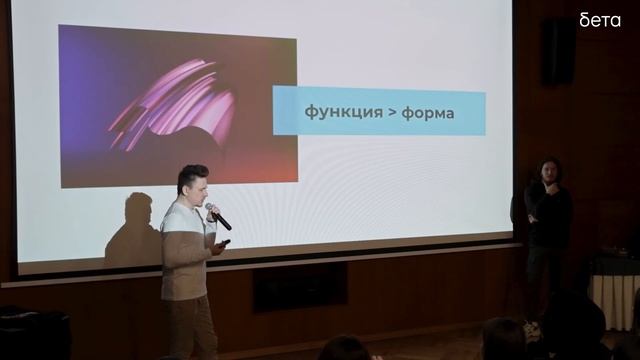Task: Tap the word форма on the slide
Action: click(427, 112)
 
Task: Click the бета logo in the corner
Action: click(600, 19)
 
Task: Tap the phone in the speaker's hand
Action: click(225, 243)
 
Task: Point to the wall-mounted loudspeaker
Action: click(558, 53)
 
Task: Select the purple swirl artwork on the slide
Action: click(178, 105)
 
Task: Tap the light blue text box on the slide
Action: click(379, 112)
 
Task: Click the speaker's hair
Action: click(191, 173)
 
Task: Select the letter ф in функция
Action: click(310, 112)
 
